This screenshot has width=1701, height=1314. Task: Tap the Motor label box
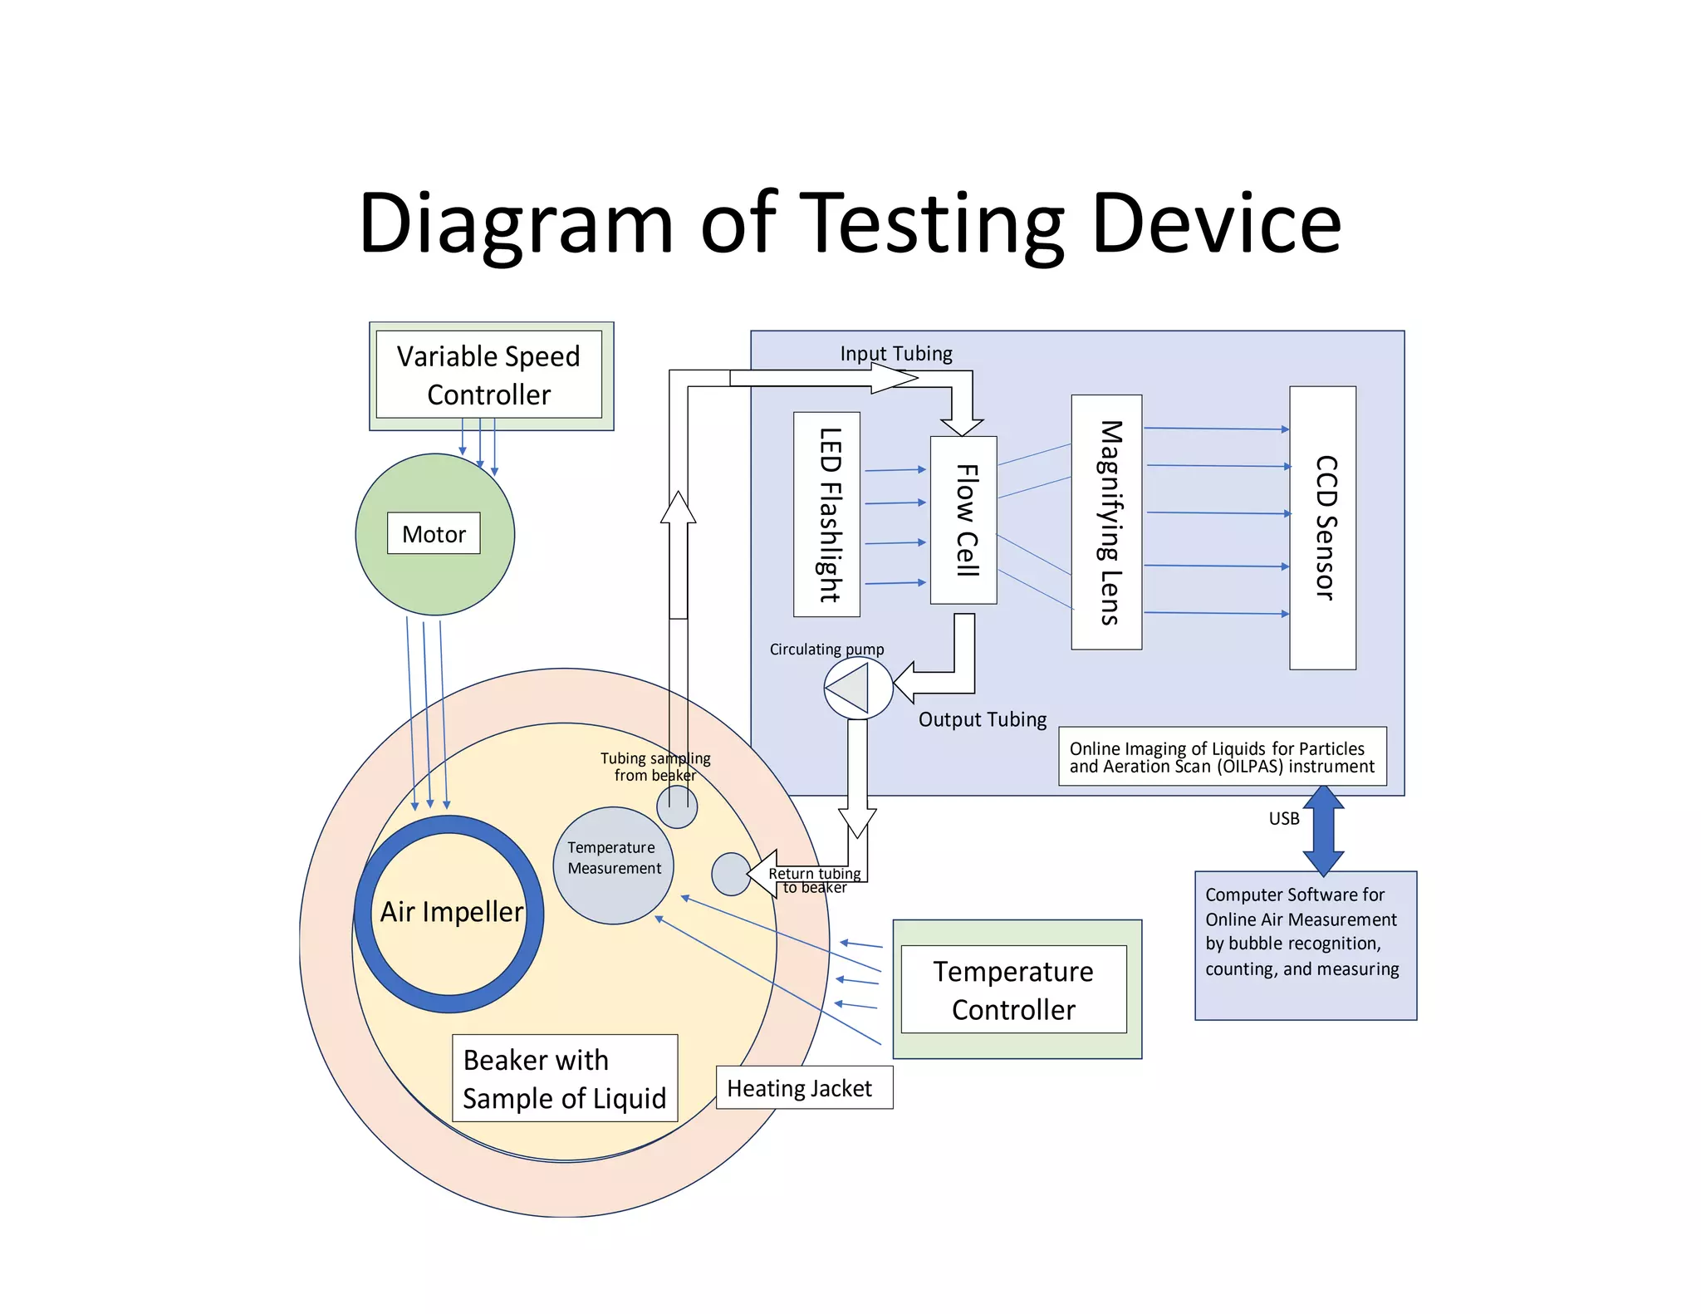pyautogui.click(x=434, y=533)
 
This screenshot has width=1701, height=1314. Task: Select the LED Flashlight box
pyautogui.click(x=826, y=514)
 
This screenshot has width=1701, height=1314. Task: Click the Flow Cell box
pyautogui.click(x=963, y=520)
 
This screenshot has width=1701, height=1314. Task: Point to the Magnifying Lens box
pyautogui.click(x=1106, y=522)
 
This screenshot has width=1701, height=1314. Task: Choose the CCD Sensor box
pyautogui.click(x=1322, y=527)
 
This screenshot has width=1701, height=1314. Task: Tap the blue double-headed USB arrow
pyautogui.click(x=1323, y=831)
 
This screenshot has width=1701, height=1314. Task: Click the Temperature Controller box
pyautogui.click(x=1013, y=989)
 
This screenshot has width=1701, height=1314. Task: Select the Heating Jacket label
pyautogui.click(x=800, y=1088)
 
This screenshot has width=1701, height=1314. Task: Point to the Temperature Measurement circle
pyautogui.click(x=614, y=865)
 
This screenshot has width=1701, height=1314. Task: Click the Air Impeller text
pyautogui.click(x=452, y=911)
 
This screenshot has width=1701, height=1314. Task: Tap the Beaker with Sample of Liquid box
pyautogui.click(x=565, y=1078)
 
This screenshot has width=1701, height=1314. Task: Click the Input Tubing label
pyautogui.click(x=896, y=353)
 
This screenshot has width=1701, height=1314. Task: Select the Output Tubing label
pyautogui.click(x=983, y=719)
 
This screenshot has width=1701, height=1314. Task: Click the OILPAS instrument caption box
pyautogui.click(x=1222, y=757)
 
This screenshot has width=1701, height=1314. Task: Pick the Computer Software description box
pyautogui.click(x=1305, y=944)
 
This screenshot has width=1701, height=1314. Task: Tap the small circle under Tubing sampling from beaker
pyautogui.click(x=677, y=807)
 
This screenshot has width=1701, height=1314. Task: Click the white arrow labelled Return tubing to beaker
pyautogui.click(x=764, y=873)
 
